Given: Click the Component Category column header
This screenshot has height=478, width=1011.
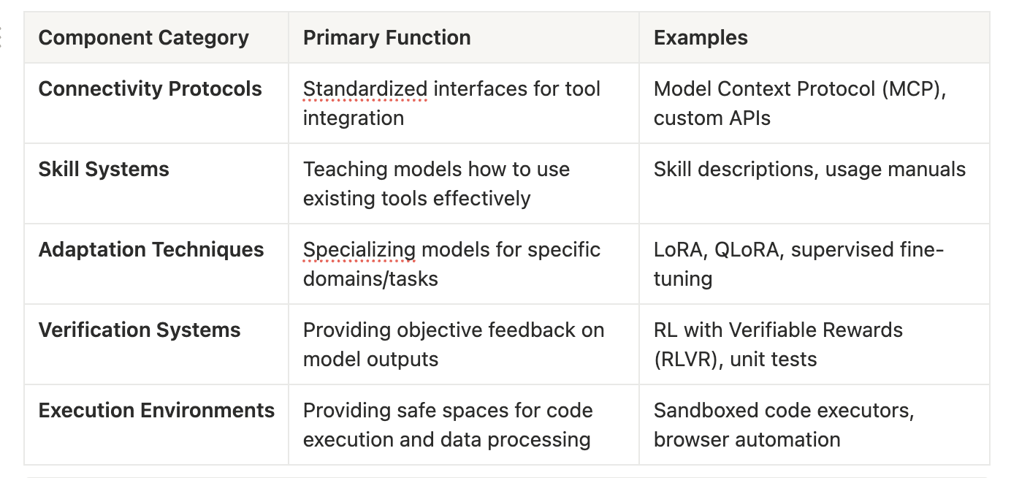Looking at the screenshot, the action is tap(143, 38).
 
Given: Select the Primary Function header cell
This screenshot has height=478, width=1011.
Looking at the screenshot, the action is tap(386, 38).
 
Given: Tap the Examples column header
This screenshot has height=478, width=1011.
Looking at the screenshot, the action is tap(701, 38).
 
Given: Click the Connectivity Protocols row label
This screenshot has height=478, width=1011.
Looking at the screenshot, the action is tap(150, 89).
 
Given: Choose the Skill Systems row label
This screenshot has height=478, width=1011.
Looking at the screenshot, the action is tap(104, 170).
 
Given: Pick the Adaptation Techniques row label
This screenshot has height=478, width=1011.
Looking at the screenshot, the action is tap(150, 250).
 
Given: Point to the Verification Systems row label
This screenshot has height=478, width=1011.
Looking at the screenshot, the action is tap(140, 330).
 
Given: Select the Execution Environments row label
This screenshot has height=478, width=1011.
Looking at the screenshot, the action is tap(156, 411).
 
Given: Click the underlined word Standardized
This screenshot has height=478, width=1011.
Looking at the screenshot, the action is tap(365, 89).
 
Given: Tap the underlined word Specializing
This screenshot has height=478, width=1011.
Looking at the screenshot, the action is tap(359, 250).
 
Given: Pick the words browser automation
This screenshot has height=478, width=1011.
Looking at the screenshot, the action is tap(747, 440).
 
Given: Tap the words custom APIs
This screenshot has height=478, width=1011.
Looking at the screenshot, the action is tap(711, 118).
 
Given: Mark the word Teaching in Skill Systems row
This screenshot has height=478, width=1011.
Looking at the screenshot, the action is tap(341, 170).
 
